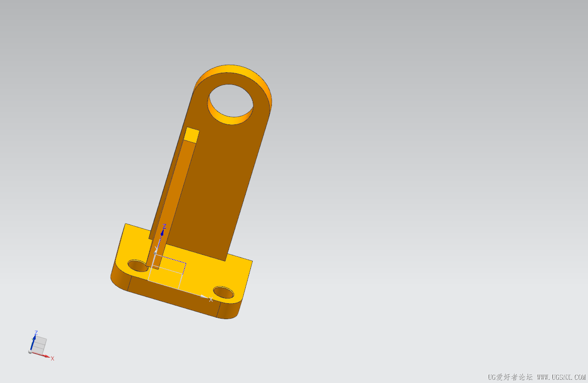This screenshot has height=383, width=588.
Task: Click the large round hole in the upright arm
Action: click(x=231, y=105)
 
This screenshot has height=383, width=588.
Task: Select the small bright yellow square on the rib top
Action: click(x=191, y=135)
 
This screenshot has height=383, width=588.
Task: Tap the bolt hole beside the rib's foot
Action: click(x=138, y=266)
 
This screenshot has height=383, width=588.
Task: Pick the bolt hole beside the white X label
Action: click(x=223, y=292)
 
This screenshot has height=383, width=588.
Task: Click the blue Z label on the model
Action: click(x=165, y=226)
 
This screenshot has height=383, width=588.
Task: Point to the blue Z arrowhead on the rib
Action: click(x=162, y=232)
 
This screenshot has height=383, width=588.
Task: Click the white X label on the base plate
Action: click(x=211, y=300)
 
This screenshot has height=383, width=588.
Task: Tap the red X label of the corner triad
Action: click(x=53, y=359)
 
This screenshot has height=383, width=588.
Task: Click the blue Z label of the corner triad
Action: click(x=36, y=333)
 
